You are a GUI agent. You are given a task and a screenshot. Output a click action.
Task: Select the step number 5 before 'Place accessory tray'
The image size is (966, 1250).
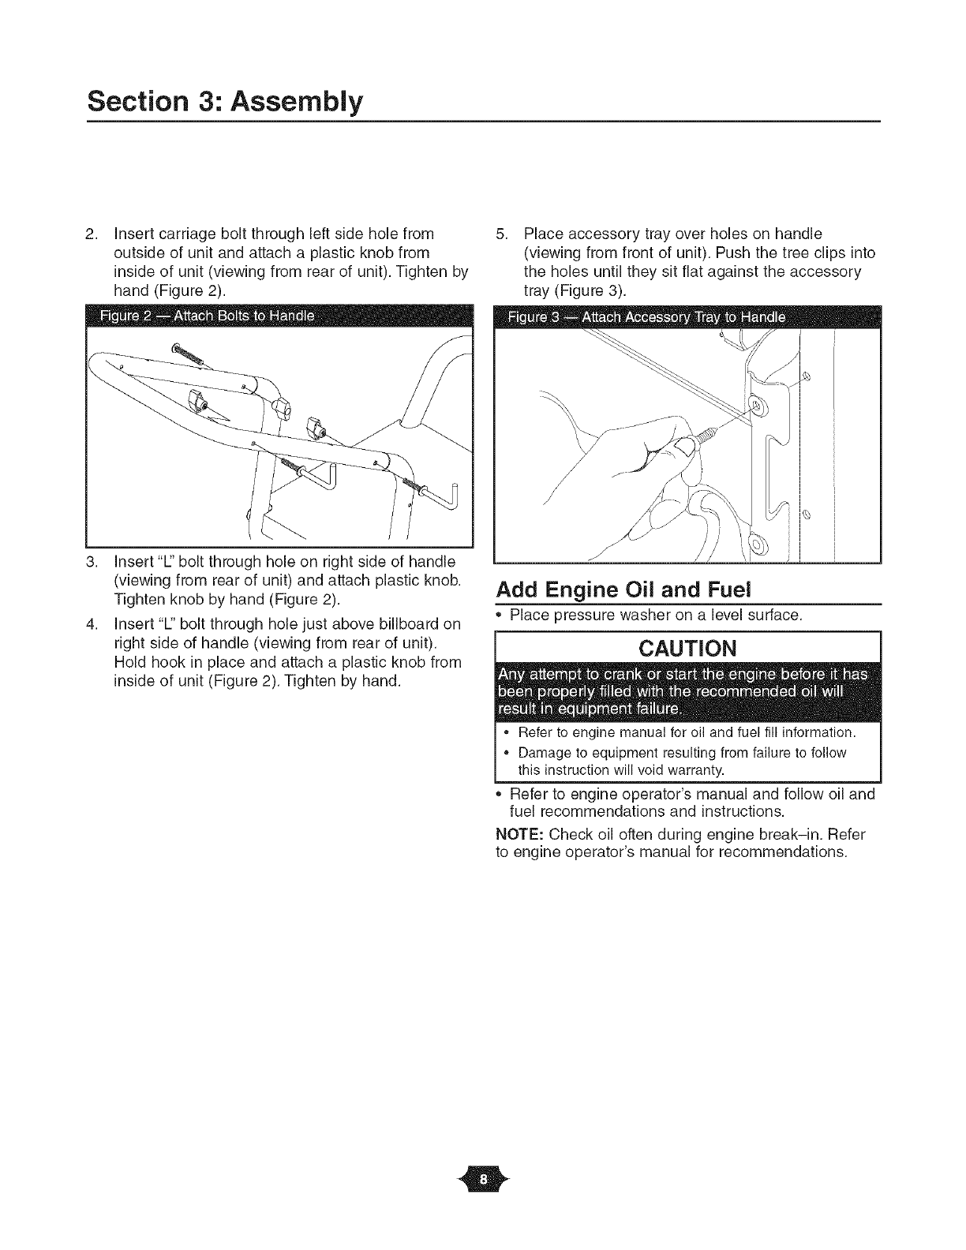click(500, 234)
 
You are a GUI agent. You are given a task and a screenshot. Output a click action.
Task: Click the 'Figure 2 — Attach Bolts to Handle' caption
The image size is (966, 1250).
click(207, 317)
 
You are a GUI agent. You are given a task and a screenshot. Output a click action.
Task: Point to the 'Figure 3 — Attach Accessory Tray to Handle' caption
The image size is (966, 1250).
click(646, 317)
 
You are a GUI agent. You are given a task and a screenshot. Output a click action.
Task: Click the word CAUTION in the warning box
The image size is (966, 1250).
click(687, 648)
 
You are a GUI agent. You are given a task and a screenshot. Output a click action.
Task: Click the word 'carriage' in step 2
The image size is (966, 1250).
click(185, 234)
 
